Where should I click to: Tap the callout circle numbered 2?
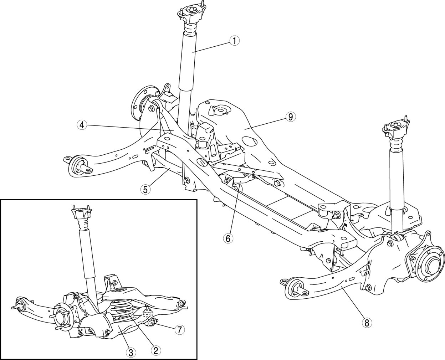[x=155, y=350]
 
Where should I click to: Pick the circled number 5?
[x=145, y=189]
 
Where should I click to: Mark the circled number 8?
[x=366, y=323]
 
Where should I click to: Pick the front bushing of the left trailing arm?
[x=78, y=166]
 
